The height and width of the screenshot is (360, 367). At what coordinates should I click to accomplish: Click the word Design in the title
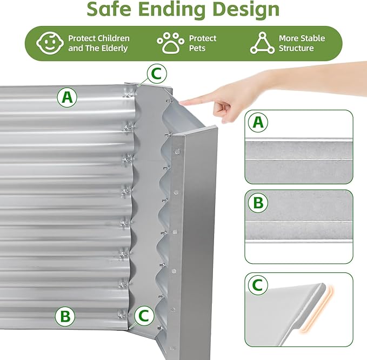click(x=246, y=10)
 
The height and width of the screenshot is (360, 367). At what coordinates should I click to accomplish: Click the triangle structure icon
click(x=262, y=43)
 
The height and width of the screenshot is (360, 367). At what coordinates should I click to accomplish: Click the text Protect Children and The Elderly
click(x=98, y=43)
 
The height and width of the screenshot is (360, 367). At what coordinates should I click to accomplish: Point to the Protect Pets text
click(x=202, y=43)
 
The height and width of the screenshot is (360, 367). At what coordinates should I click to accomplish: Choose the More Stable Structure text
click(x=302, y=43)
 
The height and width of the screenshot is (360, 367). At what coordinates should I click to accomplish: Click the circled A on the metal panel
click(x=67, y=98)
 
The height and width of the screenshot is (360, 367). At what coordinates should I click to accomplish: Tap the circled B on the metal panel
click(x=65, y=316)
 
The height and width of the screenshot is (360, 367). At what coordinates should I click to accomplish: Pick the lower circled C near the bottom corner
click(x=142, y=316)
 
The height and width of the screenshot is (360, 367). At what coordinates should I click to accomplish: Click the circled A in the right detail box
click(x=258, y=123)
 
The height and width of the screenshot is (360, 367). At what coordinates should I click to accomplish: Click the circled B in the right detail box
click(x=258, y=203)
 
